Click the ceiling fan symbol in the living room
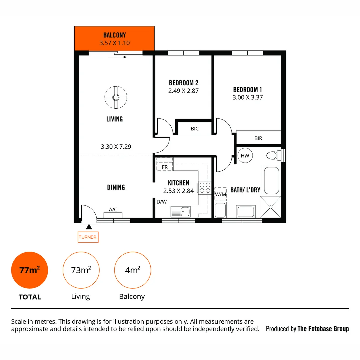coord(116,97)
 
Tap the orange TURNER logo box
coord(88,237)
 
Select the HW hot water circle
coord(245,156)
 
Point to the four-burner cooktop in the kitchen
coord(204,188)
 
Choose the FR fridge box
coord(165,166)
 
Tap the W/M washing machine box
coord(220,194)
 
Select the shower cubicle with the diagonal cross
coord(270,207)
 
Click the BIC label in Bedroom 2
coord(195,128)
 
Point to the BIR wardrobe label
coord(258,138)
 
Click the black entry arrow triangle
coord(89,227)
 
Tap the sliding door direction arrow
coord(117,57)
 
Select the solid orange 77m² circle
coord(29,270)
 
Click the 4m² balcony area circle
coord(132,270)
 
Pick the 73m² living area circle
coord(81,270)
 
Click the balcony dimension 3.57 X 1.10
coord(114,43)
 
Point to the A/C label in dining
coord(113,209)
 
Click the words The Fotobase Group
coord(323,329)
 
